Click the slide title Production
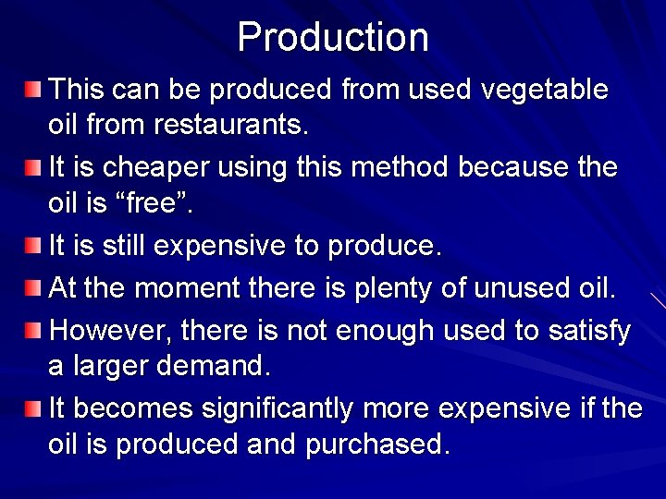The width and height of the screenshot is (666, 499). (x=333, y=38)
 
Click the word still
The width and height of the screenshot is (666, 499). (x=126, y=246)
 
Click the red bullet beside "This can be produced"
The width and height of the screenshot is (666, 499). (x=33, y=90)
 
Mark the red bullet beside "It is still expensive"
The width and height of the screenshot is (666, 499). (x=33, y=246)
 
